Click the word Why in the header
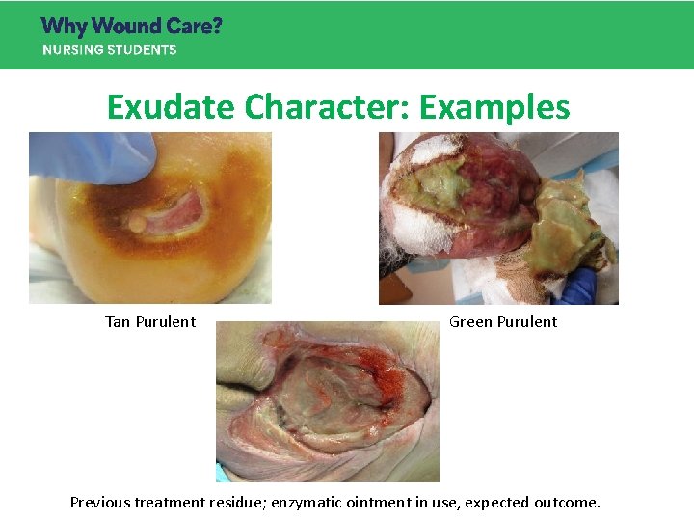[65, 26]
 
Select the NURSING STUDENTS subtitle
[109, 50]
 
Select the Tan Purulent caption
[150, 322]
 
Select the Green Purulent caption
[503, 322]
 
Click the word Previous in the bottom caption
[101, 503]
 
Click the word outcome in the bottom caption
[569, 503]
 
